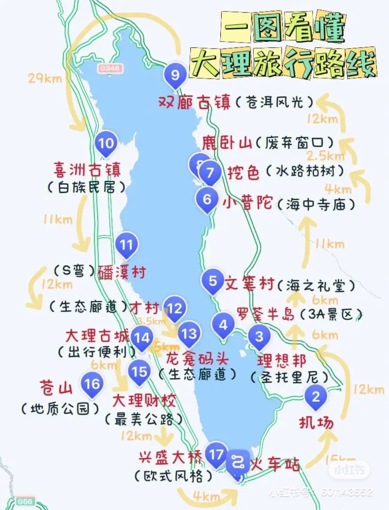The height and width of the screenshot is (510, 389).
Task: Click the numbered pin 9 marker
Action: coord(175,75)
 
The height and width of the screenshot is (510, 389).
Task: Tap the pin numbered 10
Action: coord(106,143)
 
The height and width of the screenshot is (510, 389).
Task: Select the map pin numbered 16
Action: coord(92,384)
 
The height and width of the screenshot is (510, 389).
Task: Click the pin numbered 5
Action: coord(213,281)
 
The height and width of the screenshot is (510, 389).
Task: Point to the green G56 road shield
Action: coord(25,501)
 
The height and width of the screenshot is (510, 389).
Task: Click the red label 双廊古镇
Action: coord(194,102)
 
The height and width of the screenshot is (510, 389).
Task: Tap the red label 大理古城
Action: coord(97,336)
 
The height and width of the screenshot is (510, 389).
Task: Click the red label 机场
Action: coord(316,423)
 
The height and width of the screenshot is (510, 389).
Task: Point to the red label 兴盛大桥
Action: coord(170,458)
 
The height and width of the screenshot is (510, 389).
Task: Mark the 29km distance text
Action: coord(45,79)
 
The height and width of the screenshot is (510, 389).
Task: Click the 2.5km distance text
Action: coord(325,155)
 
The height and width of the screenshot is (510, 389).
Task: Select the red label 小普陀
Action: coord(248,203)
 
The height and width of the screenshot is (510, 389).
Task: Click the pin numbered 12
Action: coord(175,309)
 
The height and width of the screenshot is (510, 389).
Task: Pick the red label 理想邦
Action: coord(281,361)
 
